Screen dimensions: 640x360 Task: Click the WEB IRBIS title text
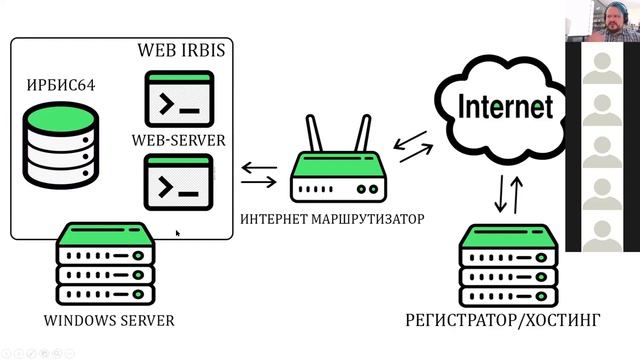coord(181,50)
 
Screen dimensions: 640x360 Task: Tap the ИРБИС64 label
coord(61,85)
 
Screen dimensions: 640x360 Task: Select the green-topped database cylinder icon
coord(61,146)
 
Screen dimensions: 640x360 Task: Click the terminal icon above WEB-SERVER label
coord(180,99)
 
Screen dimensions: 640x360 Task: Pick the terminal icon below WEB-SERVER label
coord(179,182)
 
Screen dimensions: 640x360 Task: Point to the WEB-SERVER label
coord(178,140)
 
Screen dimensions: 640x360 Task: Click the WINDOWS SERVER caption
coord(109,320)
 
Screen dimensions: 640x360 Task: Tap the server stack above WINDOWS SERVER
coord(105,264)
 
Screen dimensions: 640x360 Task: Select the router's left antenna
coord(314,133)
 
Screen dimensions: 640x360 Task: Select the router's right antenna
coord(363,133)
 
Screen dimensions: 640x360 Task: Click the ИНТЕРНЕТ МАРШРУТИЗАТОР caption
coord(332,219)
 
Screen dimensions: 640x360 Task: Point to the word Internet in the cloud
coord(506,107)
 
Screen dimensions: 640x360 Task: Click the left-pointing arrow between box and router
coord(259,167)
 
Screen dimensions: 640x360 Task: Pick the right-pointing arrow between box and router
coord(259,182)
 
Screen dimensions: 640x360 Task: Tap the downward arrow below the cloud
coord(501,194)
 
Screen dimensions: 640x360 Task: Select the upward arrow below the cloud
coord(516,195)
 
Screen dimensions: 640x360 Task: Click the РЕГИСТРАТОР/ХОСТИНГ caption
coord(503,320)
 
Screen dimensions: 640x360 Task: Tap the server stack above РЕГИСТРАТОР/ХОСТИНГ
coord(509,266)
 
